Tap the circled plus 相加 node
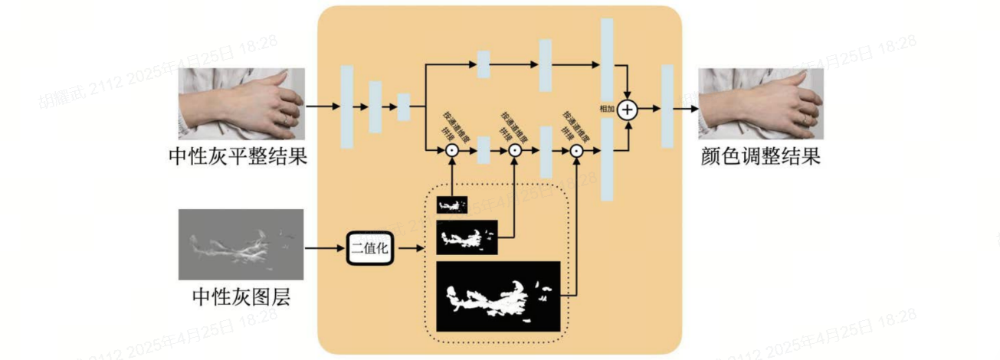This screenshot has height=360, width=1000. [x=628, y=110]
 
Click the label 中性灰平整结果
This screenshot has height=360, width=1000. [x=238, y=157]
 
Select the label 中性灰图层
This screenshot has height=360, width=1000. [x=241, y=298]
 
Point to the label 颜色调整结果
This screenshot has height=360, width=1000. [x=760, y=157]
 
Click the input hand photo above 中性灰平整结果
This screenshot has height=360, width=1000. [x=241, y=103]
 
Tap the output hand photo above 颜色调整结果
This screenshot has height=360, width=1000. [x=761, y=103]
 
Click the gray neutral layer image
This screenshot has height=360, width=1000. [x=241, y=244]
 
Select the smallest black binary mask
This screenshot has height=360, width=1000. [x=452, y=205]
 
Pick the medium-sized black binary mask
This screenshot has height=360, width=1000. [x=467, y=237]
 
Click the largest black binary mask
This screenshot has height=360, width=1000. [x=498, y=296]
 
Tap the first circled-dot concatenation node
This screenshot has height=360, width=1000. [x=452, y=152]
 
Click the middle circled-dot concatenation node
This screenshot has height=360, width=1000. [x=515, y=152]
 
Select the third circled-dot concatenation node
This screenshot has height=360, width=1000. [x=577, y=152]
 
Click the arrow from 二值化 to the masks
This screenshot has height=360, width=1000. [x=409, y=248]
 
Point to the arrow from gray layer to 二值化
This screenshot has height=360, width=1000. [x=324, y=248]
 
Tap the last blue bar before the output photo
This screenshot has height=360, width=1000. [x=667, y=106]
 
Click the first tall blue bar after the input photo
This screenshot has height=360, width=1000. [x=347, y=106]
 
